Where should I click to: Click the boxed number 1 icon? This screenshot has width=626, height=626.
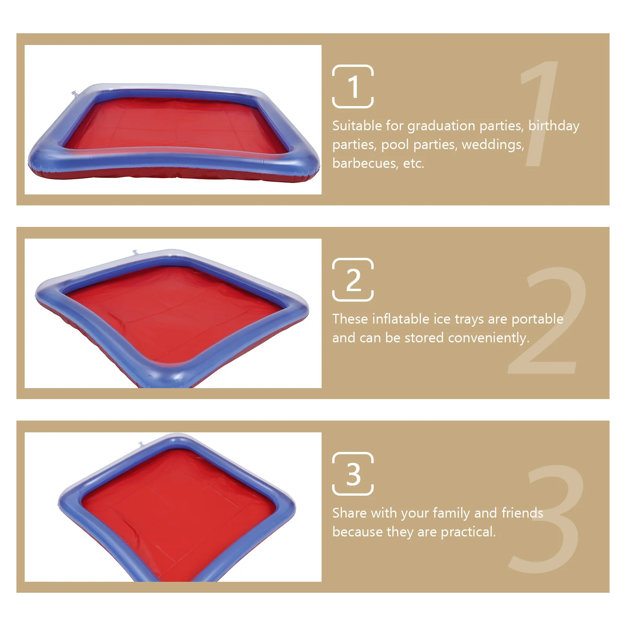(x=353, y=86)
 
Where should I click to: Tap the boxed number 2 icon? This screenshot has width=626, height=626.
(x=353, y=280)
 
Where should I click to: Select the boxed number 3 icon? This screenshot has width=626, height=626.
(x=353, y=474)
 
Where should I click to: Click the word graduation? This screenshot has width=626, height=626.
(x=441, y=126)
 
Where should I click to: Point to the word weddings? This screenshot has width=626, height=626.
(x=493, y=145)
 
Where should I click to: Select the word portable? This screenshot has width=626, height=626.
(x=537, y=320)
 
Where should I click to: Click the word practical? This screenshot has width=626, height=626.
(x=468, y=532)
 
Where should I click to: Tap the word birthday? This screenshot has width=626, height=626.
(x=554, y=126)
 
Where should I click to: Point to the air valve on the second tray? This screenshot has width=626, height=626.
(x=135, y=252)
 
